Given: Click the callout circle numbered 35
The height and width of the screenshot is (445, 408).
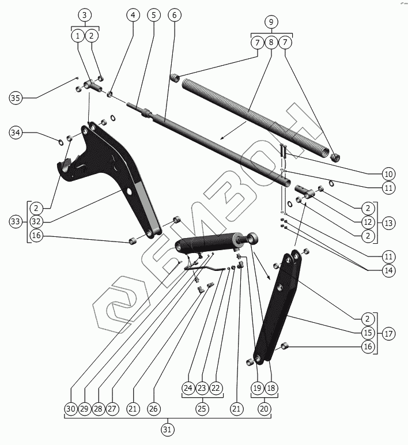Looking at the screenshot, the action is pos(16,98).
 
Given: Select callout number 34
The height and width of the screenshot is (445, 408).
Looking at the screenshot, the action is pos(16,134).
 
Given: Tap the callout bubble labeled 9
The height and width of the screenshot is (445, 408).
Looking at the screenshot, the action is pos(271,22).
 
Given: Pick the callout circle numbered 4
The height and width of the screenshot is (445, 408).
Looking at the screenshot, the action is pos(134,14).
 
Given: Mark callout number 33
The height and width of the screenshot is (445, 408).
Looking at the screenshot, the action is pos(16,221).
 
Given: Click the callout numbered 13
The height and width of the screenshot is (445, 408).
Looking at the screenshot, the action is pos(388,222).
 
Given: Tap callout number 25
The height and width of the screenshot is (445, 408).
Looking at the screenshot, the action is pos(202,409).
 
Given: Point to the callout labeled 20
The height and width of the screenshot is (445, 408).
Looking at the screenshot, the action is pos(264,409).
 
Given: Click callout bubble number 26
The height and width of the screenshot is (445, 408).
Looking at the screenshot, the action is pos(153,409).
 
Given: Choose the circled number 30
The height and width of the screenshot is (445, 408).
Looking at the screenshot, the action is pos(70,409).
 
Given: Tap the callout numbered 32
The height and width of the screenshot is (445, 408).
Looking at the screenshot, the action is pos(36,221).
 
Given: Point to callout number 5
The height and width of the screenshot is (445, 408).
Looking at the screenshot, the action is pos(153,14).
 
